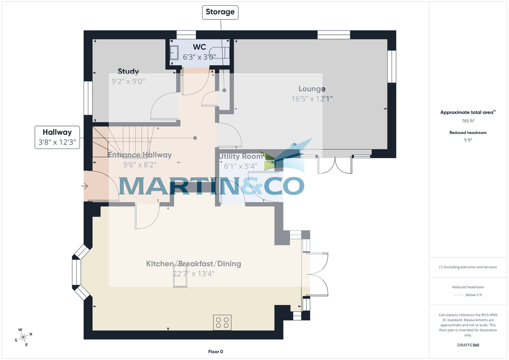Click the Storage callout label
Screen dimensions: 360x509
click(220, 12)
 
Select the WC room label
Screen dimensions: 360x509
click(199, 47)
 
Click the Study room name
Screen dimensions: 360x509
click(128, 72)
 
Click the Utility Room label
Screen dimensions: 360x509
click(241, 156)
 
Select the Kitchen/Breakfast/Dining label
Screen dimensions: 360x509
click(193, 264)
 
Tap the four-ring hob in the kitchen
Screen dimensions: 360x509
click(222, 322)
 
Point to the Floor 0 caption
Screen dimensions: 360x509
click(215, 352)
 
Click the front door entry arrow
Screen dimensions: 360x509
click(85, 186)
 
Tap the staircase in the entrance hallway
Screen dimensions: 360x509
click(123, 140)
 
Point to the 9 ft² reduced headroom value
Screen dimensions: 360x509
click(468, 140)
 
